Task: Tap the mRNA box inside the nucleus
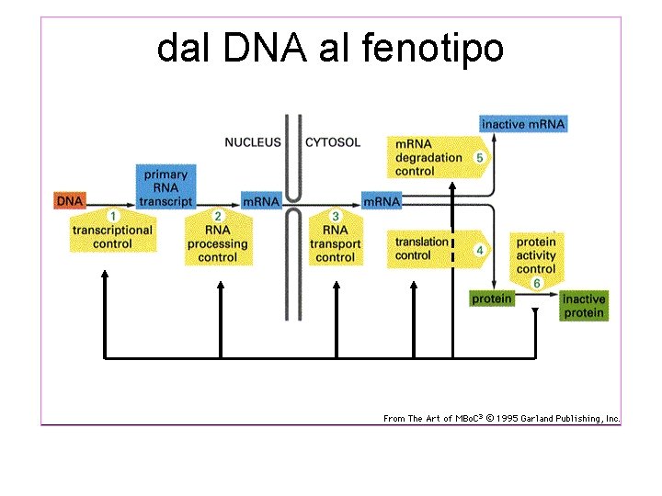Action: click(260, 201)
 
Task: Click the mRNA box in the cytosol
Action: click(382, 201)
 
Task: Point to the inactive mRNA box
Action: click(523, 124)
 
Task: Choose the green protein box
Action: click(492, 299)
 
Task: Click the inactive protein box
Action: click(584, 306)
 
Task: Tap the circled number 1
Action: click(113, 216)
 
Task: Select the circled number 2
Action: click(218, 216)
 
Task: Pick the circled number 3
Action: click(335, 216)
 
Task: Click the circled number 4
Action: click(479, 249)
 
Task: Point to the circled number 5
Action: click(479, 157)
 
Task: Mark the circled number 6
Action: click(537, 284)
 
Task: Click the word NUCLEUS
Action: click(253, 142)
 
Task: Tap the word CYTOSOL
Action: click(332, 142)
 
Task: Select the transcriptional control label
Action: click(113, 237)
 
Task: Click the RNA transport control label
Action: click(335, 243)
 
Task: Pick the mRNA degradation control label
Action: click(428, 157)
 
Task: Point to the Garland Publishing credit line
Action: click(501, 419)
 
